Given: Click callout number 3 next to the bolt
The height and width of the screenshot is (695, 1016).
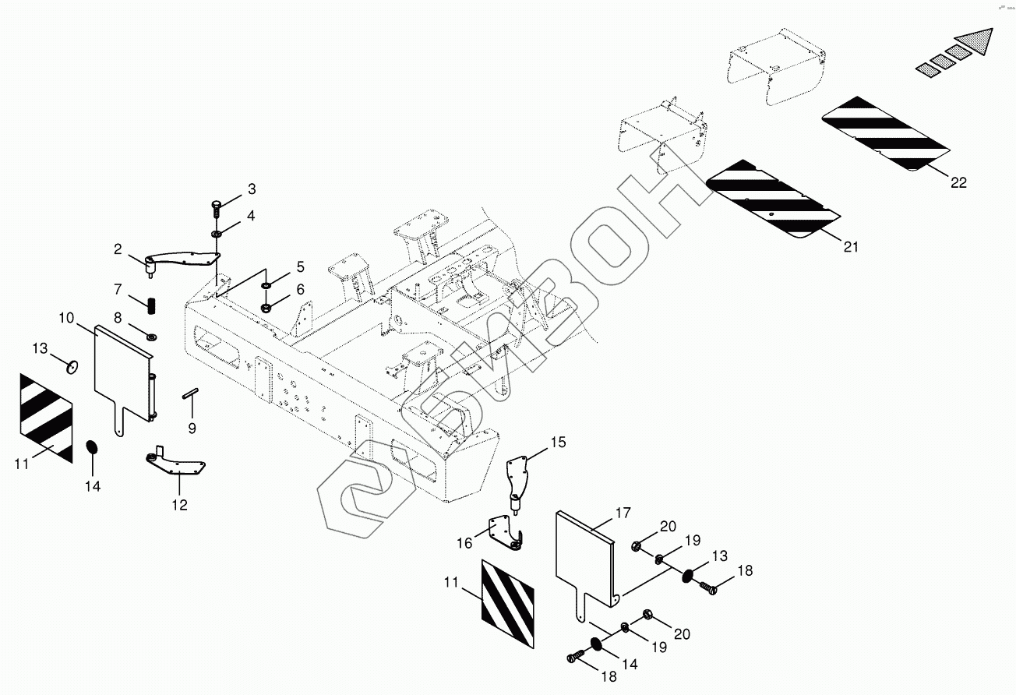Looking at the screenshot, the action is [251, 189].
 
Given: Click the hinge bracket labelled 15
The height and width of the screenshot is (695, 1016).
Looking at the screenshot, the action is [519, 482].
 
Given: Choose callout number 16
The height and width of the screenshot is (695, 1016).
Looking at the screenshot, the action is [464, 543].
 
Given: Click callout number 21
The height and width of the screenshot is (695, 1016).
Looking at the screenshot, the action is [850, 247].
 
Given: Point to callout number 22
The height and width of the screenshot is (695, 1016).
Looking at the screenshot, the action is [958, 182].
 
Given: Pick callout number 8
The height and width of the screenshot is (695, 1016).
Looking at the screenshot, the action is [118, 318].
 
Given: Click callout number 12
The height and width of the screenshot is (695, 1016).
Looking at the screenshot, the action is [179, 505].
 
